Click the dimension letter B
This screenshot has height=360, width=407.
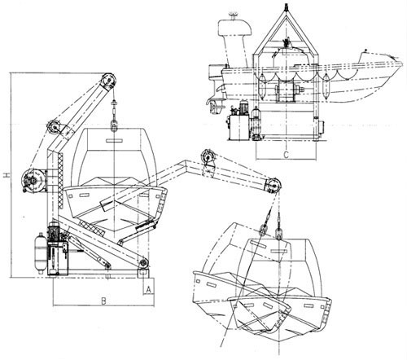103,301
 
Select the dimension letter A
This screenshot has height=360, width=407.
148,290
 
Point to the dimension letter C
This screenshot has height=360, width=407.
286,155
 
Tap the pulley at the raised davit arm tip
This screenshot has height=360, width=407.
108,81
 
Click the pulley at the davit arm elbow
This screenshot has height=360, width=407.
54,127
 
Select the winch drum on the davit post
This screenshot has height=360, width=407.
33,180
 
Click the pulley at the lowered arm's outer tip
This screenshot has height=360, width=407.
274,186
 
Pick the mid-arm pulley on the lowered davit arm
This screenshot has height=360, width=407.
208,157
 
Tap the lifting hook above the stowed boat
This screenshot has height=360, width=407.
114,126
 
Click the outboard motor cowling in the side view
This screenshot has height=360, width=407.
235,27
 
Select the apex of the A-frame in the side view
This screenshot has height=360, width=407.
286,13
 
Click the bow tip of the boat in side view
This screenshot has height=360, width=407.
400,63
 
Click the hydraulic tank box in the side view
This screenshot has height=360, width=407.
239,128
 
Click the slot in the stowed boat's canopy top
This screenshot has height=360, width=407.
114,140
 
